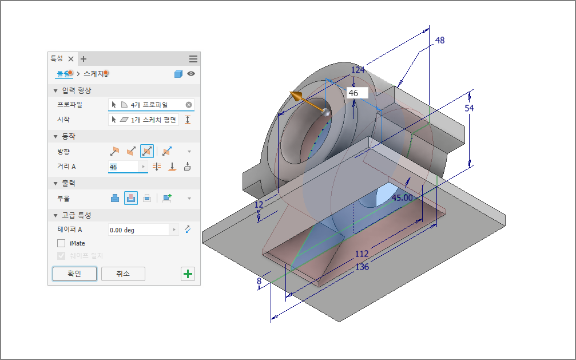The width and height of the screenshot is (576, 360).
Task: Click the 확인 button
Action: (74, 274)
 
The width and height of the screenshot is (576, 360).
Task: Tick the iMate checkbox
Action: (61, 243)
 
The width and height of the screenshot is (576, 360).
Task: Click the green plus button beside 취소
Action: (188, 274)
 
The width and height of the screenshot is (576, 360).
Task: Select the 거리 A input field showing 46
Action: (124, 167)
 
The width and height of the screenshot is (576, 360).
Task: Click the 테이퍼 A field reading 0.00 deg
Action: (138, 230)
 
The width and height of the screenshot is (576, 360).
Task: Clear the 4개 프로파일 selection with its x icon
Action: (189, 105)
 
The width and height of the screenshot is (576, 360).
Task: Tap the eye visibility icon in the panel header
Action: (191, 73)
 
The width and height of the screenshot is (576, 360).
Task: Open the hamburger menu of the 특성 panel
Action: (193, 59)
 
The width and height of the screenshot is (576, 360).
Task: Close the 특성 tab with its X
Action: (71, 59)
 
